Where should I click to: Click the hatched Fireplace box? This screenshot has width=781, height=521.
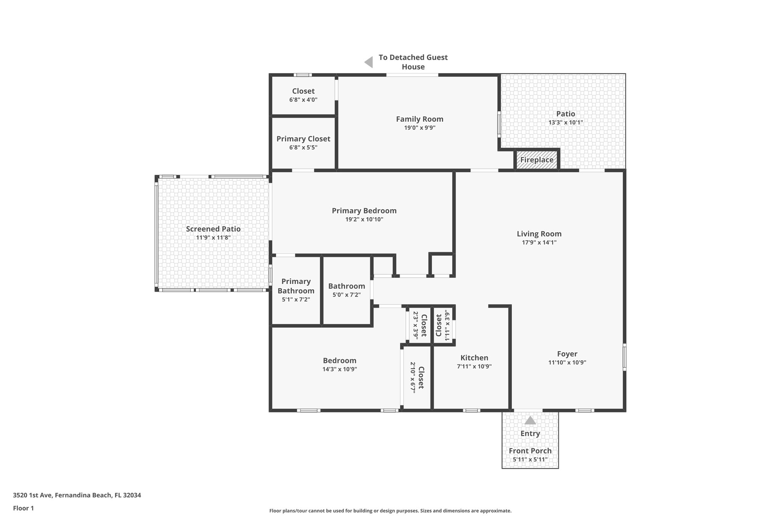(x=537, y=160)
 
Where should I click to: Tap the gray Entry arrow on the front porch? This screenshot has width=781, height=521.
(x=530, y=420)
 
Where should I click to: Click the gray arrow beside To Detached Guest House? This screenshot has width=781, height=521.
(x=368, y=62)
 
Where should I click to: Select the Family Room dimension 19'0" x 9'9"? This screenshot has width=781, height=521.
(x=419, y=128)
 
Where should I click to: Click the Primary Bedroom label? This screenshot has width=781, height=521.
(x=364, y=211)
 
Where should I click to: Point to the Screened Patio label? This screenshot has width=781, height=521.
(x=213, y=229)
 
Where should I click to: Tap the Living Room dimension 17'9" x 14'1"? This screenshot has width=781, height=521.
(x=539, y=242)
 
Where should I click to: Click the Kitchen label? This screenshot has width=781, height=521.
(x=474, y=358)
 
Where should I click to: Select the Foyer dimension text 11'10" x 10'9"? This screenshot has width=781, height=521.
(x=567, y=363)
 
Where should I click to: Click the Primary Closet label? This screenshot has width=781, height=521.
(x=303, y=139)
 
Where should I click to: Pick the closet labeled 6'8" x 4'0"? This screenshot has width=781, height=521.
(x=303, y=95)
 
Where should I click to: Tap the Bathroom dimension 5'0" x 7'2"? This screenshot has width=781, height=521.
(x=346, y=295)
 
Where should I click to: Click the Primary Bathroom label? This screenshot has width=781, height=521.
(x=296, y=286)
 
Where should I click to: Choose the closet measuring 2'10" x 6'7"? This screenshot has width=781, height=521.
(x=417, y=377)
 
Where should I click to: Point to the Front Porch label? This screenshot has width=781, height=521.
(x=530, y=451)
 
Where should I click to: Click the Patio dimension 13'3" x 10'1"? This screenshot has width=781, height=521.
(x=566, y=123)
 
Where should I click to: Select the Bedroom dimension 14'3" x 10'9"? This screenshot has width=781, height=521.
(x=339, y=369)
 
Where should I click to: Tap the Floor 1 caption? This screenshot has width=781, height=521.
(x=23, y=508)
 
